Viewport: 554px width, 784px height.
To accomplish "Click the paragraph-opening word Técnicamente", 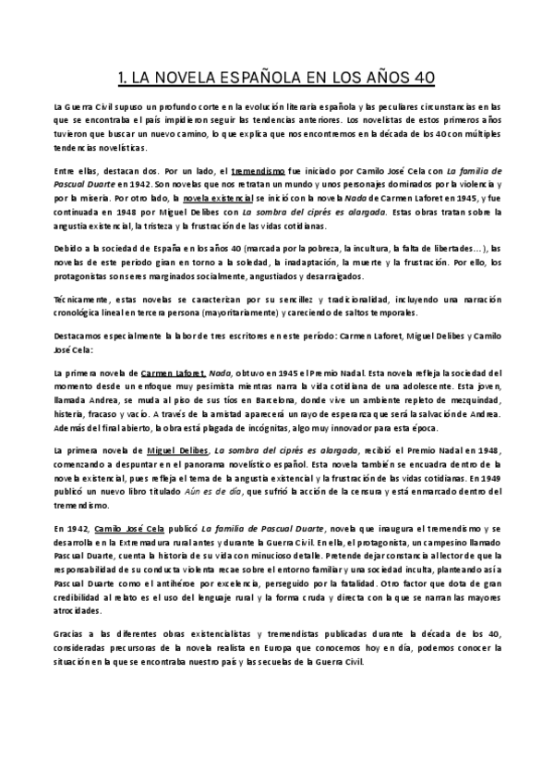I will coord(81,300).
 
